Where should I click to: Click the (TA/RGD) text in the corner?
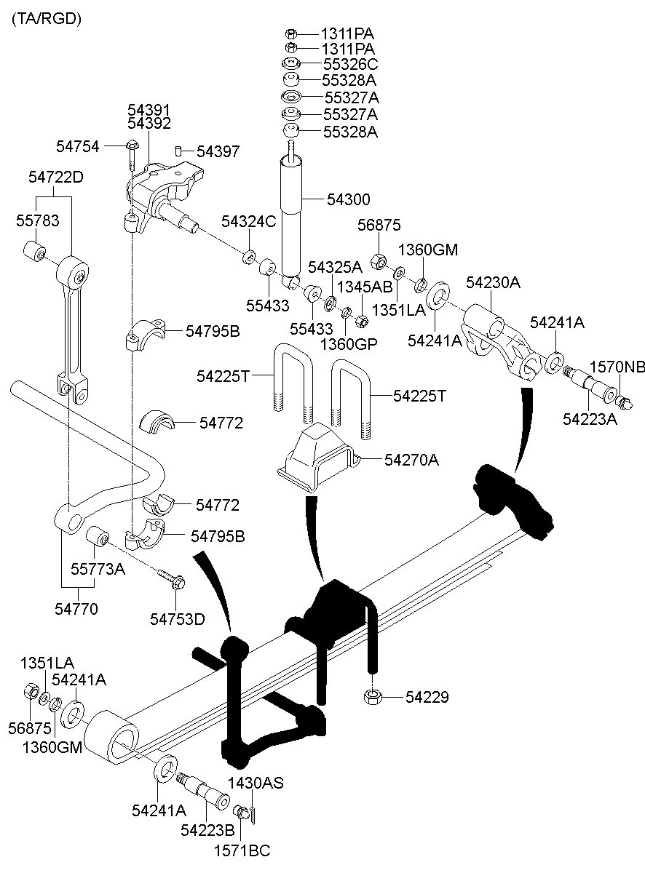click(x=46, y=19)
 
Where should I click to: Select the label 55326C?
click(x=350, y=64)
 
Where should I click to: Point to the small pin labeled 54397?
click(x=178, y=151)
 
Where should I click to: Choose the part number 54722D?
click(x=56, y=177)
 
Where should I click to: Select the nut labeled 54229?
click(x=372, y=698)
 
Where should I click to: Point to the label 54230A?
click(x=493, y=283)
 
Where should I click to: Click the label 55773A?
click(x=98, y=569)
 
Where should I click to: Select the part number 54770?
click(x=76, y=608)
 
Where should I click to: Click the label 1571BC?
click(x=241, y=850)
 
